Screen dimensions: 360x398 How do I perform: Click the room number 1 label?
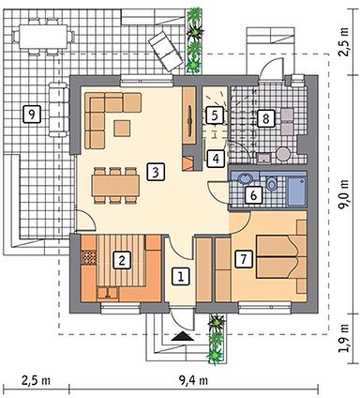coord(181,276)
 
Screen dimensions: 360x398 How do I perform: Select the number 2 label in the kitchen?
coord(122,260)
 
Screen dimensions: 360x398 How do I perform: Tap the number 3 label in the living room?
coord(156,172)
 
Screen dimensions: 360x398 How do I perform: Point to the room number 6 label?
coord(253,195)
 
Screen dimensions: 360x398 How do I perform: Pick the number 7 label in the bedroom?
coord(244,259)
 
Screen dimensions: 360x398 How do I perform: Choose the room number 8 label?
coord(266,118)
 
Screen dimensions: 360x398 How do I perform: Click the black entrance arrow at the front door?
coord(183,336)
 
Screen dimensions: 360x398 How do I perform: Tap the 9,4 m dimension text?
coord(193,380)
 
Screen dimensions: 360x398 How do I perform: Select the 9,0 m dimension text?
coord(344,195)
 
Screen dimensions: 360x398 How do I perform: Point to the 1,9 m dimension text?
coord(344,339)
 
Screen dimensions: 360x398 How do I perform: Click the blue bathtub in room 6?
coord(296,191)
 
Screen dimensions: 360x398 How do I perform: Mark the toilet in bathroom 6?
coord(272,183)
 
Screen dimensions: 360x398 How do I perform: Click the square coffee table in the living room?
coord(122,129)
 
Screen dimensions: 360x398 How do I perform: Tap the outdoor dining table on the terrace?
coord(44,37)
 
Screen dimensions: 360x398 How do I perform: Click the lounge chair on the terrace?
coord(165,51)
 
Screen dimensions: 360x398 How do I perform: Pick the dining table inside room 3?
coord(115,186)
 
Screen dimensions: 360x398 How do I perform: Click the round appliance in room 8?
coord(284,154)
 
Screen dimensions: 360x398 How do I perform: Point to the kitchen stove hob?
coord(89,257)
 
